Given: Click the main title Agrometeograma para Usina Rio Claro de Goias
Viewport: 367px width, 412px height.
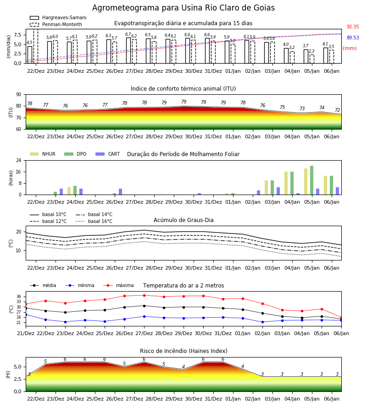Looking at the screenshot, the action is pyautogui.click(x=183, y=8).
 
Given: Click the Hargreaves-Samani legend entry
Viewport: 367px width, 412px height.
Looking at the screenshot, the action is pyautogui.click(x=58, y=17).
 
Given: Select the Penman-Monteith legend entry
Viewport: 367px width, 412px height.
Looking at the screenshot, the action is pyautogui.click(x=56, y=24).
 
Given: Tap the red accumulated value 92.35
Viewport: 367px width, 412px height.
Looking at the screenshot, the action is pyautogui.click(x=353, y=27).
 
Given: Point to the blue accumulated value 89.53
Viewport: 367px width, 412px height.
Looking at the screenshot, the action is pyautogui.click(x=353, y=38).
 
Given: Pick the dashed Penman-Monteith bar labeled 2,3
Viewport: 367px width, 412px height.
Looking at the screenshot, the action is pyautogui.click(x=311, y=59).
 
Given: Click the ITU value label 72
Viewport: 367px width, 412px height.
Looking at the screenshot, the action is pyautogui.click(x=338, y=110).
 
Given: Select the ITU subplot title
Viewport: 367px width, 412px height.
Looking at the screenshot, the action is pyautogui.click(x=183, y=89).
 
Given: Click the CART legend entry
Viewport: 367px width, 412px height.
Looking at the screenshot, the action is pyautogui.click(x=108, y=154).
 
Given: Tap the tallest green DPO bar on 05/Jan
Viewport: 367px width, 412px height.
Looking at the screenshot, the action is pyautogui.click(x=311, y=180).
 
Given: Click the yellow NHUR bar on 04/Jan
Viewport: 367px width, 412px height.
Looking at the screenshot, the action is pyautogui.click(x=286, y=183).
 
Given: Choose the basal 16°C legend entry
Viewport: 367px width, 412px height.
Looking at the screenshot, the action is pyautogui.click(x=94, y=222).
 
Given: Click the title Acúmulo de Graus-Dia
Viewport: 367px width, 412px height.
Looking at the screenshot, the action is pyautogui.click(x=183, y=220).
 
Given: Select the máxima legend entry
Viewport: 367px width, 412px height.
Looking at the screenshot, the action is pyautogui.click(x=118, y=285).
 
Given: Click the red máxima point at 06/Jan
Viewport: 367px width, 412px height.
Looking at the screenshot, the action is pyautogui.click(x=341, y=317).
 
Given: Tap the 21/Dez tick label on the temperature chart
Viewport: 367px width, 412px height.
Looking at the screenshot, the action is pyautogui.click(x=26, y=333).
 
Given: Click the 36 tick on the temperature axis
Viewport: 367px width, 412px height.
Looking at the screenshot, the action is pyautogui.click(x=19, y=297).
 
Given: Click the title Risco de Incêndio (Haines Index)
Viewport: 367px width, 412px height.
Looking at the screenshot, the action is pyautogui.click(x=183, y=351).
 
